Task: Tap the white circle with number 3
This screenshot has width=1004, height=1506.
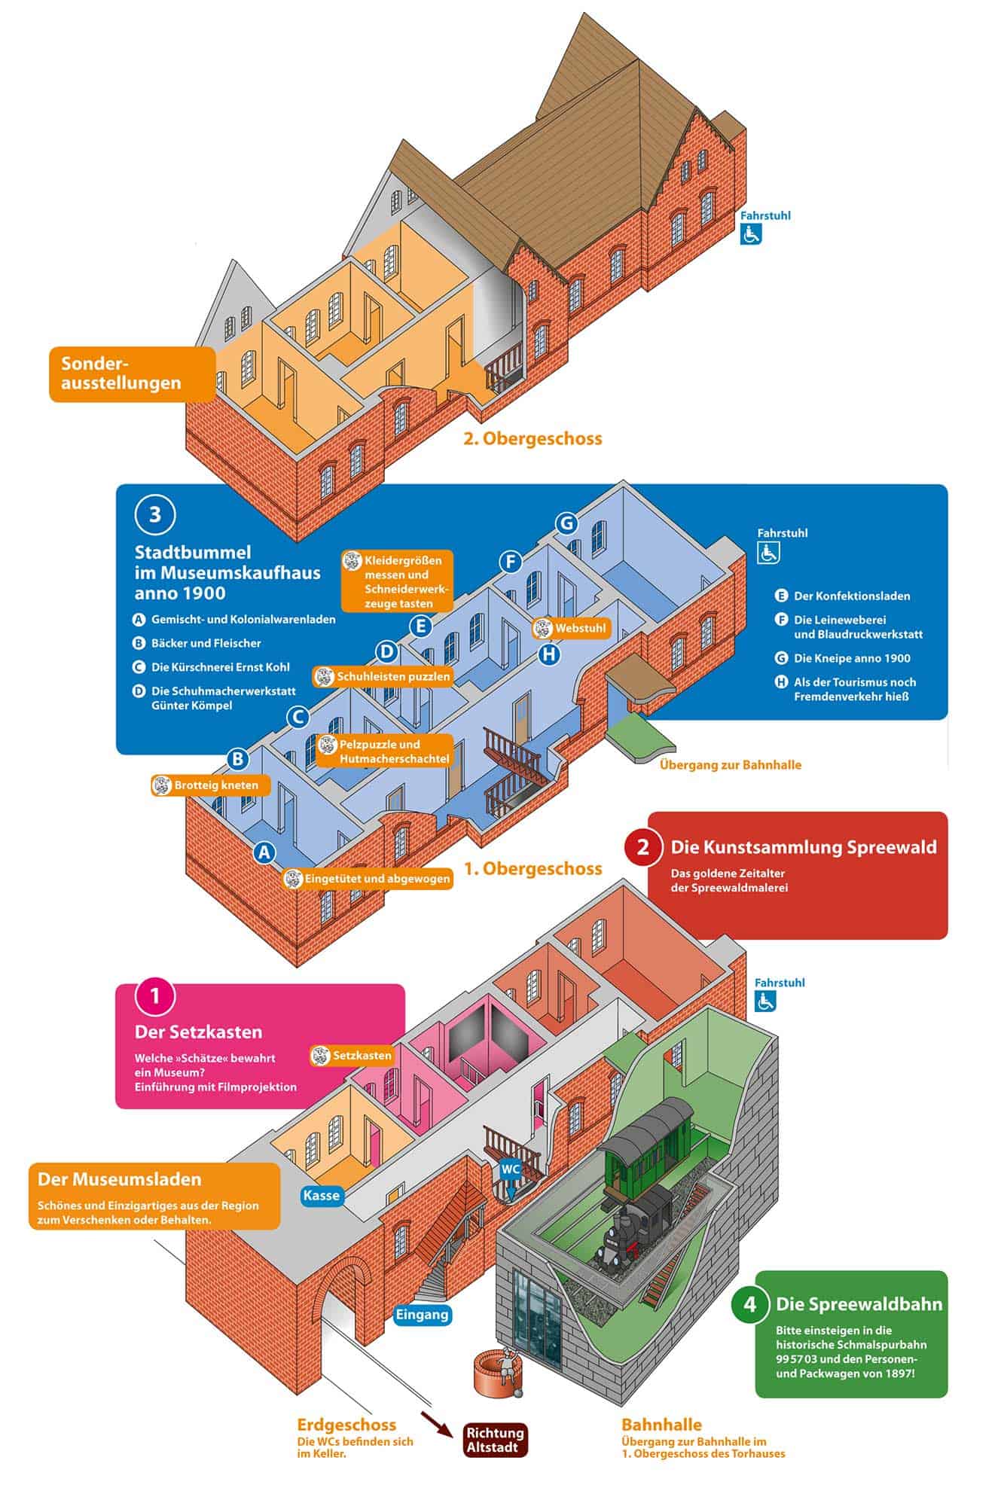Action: [155, 514]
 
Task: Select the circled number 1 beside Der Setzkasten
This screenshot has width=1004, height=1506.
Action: [155, 996]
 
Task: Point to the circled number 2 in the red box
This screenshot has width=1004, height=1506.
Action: [642, 847]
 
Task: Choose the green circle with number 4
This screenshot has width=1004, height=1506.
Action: [750, 1303]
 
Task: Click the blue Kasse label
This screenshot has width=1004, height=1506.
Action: [322, 1195]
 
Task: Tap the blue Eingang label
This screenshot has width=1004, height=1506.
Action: [422, 1315]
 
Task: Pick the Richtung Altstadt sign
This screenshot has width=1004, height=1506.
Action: [494, 1440]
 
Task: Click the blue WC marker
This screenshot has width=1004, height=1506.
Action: [510, 1170]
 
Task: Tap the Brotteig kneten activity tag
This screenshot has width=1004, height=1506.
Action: [206, 785]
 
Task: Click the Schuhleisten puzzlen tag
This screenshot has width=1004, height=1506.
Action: [383, 676]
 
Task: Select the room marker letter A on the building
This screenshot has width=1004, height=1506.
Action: [264, 852]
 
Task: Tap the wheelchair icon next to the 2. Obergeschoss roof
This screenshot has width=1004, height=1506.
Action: [751, 235]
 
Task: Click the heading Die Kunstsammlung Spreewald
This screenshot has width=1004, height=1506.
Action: [804, 847]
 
